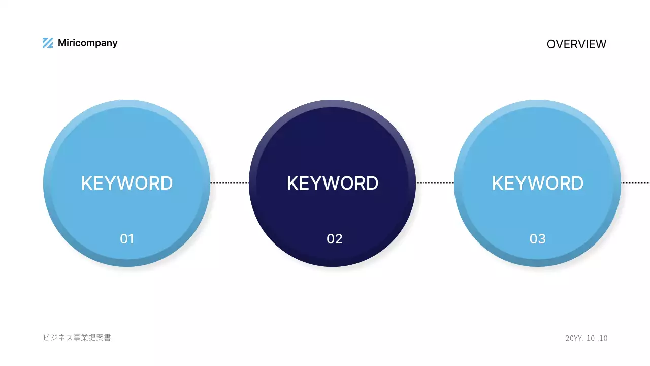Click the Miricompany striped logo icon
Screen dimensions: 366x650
[x=48, y=43]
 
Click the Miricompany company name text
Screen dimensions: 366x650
[x=87, y=43]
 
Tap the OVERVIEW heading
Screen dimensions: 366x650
[x=576, y=44]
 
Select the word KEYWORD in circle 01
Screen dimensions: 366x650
[x=127, y=183]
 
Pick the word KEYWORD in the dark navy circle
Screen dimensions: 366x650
[x=333, y=183]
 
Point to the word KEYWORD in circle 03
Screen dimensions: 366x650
[x=538, y=183]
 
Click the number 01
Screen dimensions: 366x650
[x=127, y=238]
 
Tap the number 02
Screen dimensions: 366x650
[x=335, y=238]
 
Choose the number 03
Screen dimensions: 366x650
[x=538, y=238]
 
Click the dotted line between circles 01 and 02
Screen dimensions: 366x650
[x=230, y=182]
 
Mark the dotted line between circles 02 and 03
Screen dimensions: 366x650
[x=435, y=182]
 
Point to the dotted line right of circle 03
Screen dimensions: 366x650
[x=635, y=182]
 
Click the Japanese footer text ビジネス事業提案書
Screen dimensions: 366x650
[x=77, y=338]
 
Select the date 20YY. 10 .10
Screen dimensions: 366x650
[x=587, y=338]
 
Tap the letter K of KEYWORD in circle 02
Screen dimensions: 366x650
[x=292, y=183]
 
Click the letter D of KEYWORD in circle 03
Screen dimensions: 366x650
[x=577, y=183]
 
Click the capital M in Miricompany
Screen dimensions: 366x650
[x=62, y=43]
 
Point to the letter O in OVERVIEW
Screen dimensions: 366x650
[x=551, y=44]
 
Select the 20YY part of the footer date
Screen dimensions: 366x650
[x=573, y=338]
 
